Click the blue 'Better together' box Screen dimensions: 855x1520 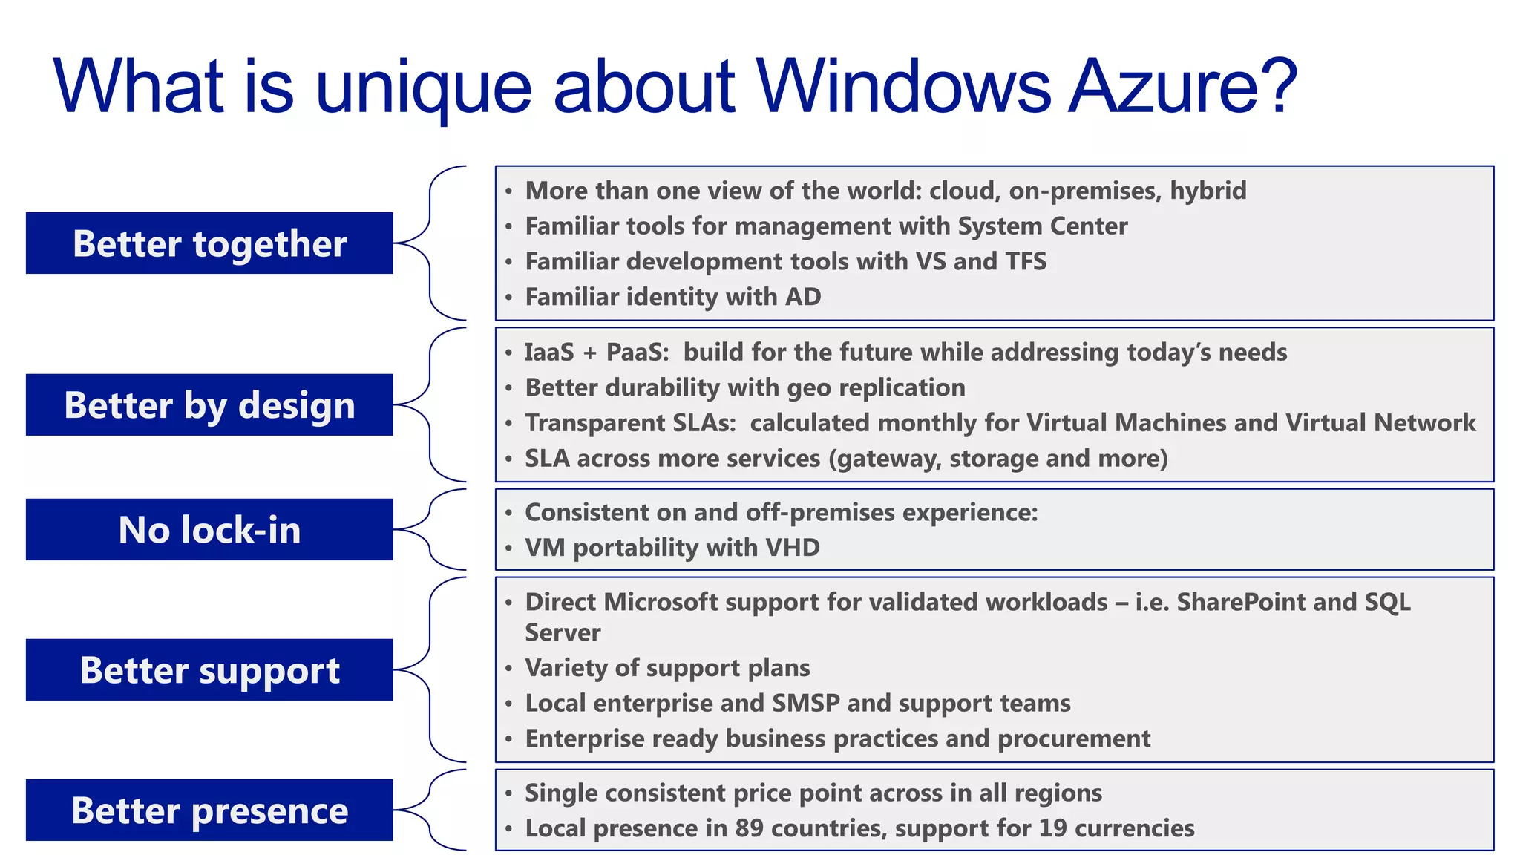209,243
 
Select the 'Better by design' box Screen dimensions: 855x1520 209,404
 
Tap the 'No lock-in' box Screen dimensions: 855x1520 209,529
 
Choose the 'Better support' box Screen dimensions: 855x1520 209,669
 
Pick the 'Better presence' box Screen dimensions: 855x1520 209,810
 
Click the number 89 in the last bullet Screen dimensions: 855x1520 749,828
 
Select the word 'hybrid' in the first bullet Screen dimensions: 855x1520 1208,191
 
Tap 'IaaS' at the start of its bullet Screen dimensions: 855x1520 549,352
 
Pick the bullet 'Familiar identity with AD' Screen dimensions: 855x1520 672,297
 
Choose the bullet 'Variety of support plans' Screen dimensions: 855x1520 667,668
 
